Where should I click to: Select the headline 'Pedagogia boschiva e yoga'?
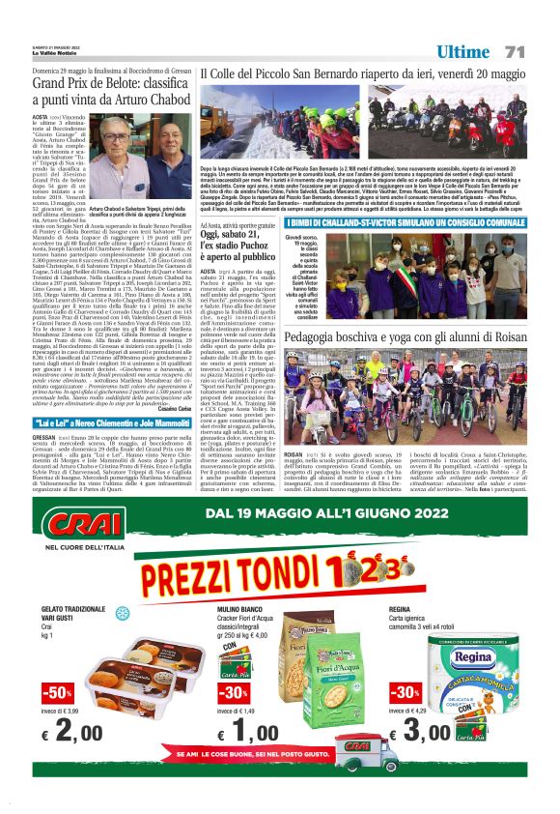tap(398, 334)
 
